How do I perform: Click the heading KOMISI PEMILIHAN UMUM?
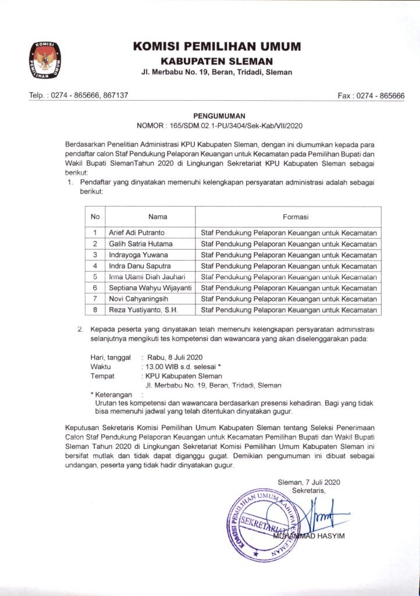pos(216,47)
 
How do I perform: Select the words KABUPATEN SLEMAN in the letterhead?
pos(216,61)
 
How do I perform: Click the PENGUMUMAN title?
pos(219,116)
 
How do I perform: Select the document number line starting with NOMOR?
pos(219,125)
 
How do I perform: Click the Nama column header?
pos(158,217)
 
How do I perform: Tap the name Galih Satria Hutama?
pos(141,243)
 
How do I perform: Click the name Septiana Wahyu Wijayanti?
pos(150,288)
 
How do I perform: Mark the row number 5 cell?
pos(94,276)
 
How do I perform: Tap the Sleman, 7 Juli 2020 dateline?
pos(309,482)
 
